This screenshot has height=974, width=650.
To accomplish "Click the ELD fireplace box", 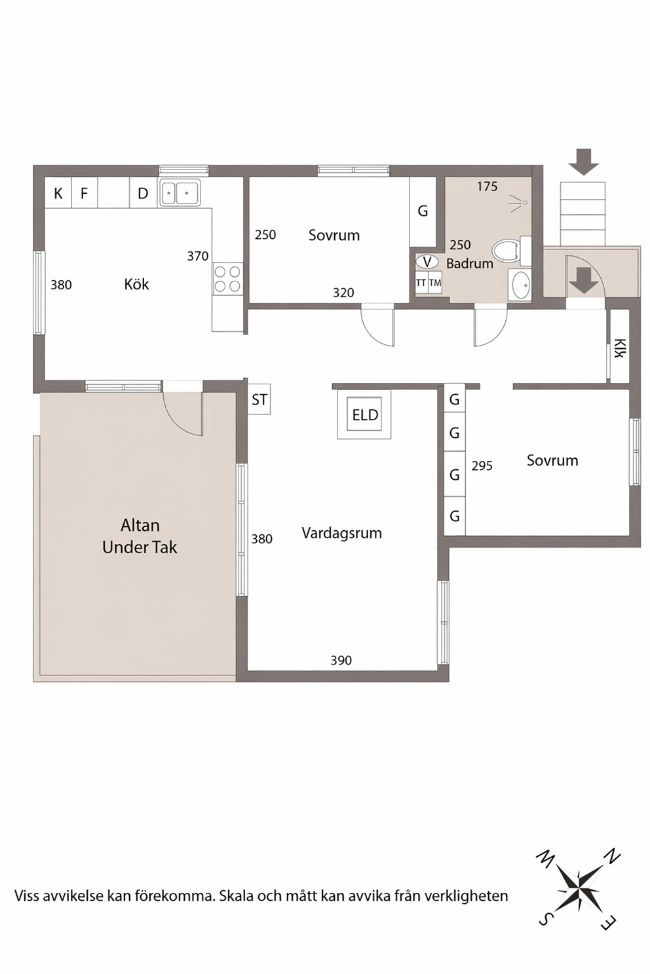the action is tap(364, 414).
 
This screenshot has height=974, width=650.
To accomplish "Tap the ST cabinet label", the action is tap(259, 399).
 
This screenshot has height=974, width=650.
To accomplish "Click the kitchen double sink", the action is tap(180, 192).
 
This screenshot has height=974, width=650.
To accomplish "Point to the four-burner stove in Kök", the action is tap(227, 278).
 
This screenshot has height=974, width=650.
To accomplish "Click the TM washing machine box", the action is tap(435, 283).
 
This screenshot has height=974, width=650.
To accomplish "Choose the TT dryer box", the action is tap(421, 283).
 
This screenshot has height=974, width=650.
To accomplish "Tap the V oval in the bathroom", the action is tap(427, 262).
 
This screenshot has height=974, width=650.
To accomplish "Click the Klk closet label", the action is tap(619, 348).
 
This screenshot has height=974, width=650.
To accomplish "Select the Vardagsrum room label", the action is tap(342, 533).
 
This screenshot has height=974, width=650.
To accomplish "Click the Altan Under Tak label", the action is tap(140, 536).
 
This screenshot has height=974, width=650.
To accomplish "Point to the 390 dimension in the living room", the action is tap(341, 660).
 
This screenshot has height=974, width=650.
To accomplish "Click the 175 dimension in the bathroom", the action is tap(487, 187).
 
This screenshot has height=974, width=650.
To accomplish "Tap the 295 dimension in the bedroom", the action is tap(482, 465).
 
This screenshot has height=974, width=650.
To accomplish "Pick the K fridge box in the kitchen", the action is tap(58, 192).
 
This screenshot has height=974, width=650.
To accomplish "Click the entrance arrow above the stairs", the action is tap(583, 162).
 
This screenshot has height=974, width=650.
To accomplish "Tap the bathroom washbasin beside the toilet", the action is tap(520, 285).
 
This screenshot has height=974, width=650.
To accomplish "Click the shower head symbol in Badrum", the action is tap(520, 203).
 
